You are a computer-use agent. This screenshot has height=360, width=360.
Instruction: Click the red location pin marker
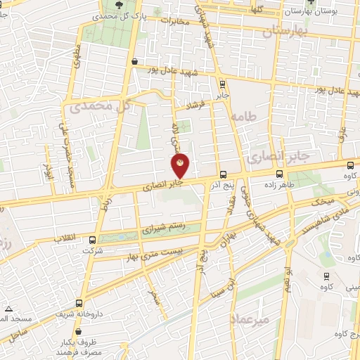click(x=181, y=165)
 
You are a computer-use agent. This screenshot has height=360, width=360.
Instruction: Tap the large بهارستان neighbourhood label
click(x=286, y=31)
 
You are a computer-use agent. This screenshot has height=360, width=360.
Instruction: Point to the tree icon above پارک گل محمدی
click(x=117, y=4)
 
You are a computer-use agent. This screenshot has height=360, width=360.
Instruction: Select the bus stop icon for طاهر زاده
click(x=280, y=174)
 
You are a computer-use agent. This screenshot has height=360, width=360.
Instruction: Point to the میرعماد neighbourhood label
click(x=250, y=319)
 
